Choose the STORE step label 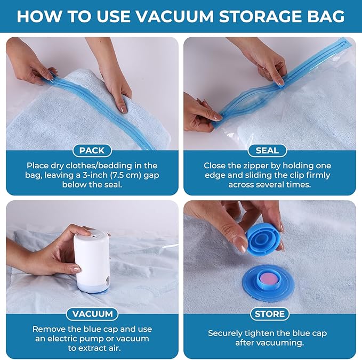[270, 314]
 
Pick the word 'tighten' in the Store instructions [266, 333]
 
